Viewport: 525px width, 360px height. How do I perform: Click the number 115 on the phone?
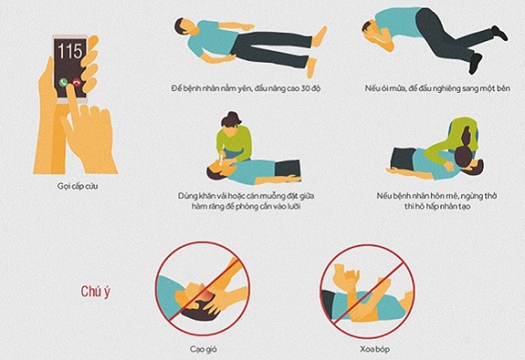pyautogui.click(x=70, y=54)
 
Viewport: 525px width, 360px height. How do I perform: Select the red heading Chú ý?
pyautogui.click(x=97, y=291)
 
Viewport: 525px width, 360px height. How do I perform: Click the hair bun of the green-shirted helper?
pyautogui.click(x=235, y=118)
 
